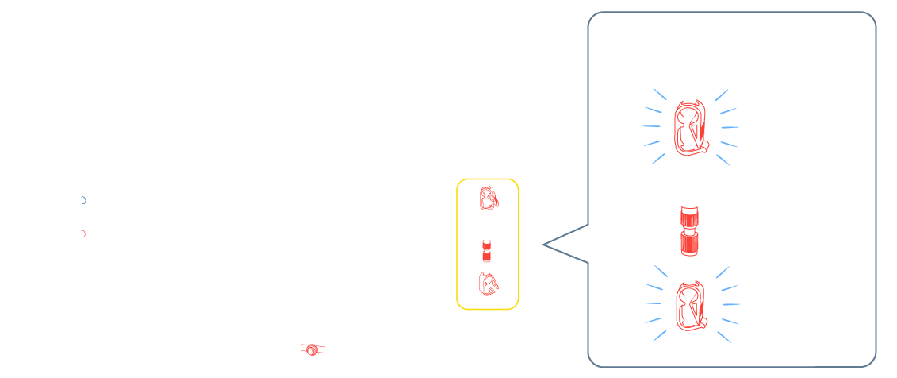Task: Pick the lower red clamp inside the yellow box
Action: pyautogui.click(x=489, y=283)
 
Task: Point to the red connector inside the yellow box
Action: pyautogui.click(x=487, y=253)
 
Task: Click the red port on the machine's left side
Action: pyautogui.click(x=82, y=233)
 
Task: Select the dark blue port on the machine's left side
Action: pyautogui.click(x=82, y=200)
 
